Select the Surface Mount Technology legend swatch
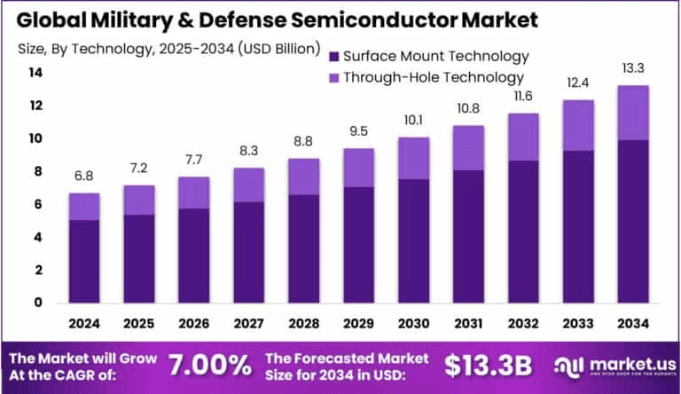(x=335, y=56)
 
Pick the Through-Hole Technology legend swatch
(x=335, y=77)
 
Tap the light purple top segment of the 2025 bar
(x=140, y=200)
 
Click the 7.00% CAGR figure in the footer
(x=209, y=365)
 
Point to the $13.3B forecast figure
(x=487, y=365)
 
